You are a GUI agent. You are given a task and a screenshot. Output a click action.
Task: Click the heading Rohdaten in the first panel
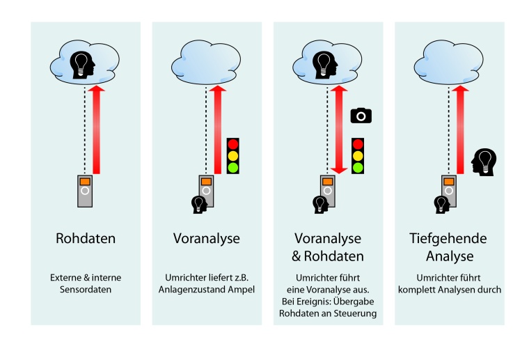point(86,239)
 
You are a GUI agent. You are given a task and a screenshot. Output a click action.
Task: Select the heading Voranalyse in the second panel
point(206,239)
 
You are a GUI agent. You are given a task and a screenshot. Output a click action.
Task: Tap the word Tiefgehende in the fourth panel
point(448,239)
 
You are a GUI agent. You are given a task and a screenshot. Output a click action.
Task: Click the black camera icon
point(361,116)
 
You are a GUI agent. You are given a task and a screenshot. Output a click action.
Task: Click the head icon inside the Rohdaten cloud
point(84,62)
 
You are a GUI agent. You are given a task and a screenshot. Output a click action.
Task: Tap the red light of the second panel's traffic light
point(233,145)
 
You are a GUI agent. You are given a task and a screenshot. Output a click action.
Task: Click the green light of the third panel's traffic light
point(358,167)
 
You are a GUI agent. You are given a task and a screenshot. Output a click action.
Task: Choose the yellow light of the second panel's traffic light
point(233,155)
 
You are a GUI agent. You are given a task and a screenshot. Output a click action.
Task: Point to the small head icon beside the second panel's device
point(198,203)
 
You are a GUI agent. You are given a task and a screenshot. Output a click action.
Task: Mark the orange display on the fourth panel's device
point(449,180)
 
